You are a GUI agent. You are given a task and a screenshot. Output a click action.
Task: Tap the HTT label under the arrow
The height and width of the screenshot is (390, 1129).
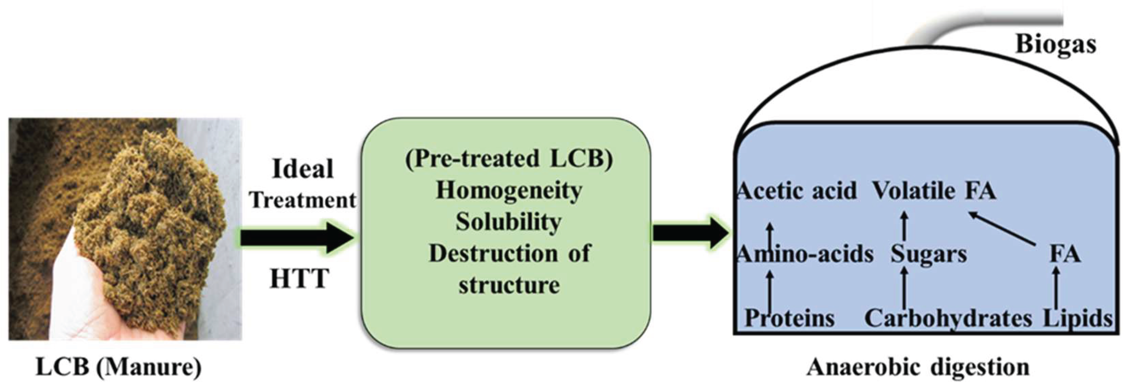point(300,278)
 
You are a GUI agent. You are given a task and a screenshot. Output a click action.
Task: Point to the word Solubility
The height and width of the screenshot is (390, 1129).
point(508,222)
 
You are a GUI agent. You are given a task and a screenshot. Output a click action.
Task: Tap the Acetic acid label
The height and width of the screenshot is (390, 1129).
point(797,191)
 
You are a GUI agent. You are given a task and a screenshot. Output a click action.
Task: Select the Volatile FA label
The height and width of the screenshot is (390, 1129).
point(934,191)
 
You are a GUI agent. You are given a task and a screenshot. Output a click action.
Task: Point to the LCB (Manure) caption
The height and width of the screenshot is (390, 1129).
point(118,367)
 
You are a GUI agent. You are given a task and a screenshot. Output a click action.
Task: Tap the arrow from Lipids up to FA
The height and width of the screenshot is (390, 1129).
point(1056,289)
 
